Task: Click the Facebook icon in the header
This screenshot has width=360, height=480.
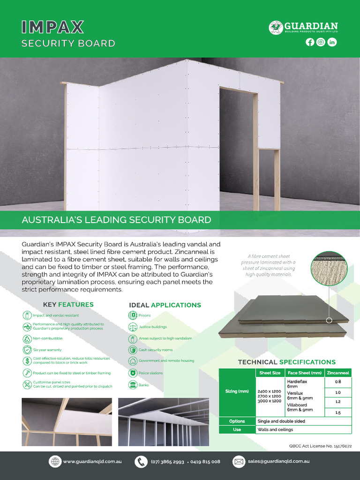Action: [x=310, y=42]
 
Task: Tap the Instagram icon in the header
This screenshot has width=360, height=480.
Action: [x=321, y=42]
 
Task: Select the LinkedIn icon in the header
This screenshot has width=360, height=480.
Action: [x=332, y=42]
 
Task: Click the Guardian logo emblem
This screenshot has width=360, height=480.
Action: [x=276, y=27]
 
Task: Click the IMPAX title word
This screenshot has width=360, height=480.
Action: [x=52, y=27]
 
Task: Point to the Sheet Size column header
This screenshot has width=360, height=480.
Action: [x=270, y=373]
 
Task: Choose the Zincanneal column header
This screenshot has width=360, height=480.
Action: [x=338, y=373]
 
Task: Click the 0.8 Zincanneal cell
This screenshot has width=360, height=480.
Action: [x=338, y=382]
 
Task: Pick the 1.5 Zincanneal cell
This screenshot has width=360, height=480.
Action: [x=338, y=412]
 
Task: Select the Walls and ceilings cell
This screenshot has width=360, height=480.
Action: [x=275, y=430]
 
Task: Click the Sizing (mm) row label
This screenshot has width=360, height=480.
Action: [x=237, y=391]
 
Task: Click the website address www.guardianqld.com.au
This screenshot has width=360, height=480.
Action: [x=92, y=462]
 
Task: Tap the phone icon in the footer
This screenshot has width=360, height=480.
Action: [x=141, y=462]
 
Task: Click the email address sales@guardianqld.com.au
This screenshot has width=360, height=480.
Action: [x=279, y=462]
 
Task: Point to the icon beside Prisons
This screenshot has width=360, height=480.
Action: [x=133, y=315]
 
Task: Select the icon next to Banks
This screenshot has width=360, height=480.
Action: [x=133, y=385]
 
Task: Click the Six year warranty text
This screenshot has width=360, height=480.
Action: [x=47, y=350]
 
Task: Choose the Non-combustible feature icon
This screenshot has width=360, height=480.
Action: [x=27, y=338]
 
